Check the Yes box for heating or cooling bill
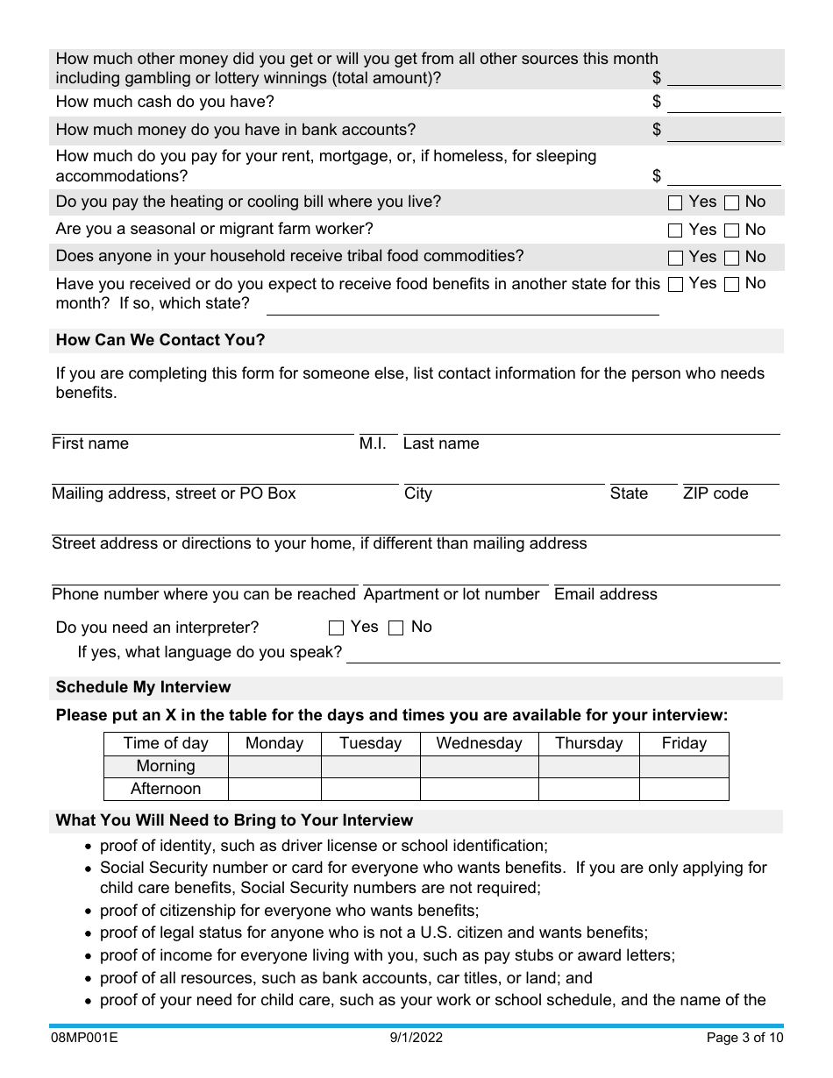click(x=675, y=203)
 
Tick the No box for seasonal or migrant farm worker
click(x=731, y=231)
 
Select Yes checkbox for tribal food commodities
click(x=675, y=259)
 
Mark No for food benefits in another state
click(x=731, y=285)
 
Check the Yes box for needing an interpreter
click(x=336, y=628)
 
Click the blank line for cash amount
click(x=723, y=103)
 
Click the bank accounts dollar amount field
click(x=723, y=131)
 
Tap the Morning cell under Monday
click(x=274, y=766)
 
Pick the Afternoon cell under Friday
click(x=684, y=789)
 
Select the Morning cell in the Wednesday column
click(x=479, y=766)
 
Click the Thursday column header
click(x=588, y=743)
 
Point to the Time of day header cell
click(x=166, y=743)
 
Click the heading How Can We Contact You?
click(x=160, y=340)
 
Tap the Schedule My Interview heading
click(x=144, y=687)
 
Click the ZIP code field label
click(x=716, y=493)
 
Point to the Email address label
click(x=606, y=594)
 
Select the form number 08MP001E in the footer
click(x=83, y=1039)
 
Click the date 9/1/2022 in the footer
click(x=416, y=1039)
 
